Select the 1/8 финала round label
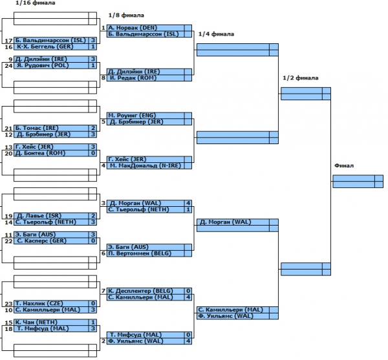pyautogui.click(x=125, y=15)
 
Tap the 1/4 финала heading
pyautogui.click(x=216, y=34)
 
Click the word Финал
pyautogui.click(x=343, y=165)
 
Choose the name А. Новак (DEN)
pyautogui.click(x=131, y=28)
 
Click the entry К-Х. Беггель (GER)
pyautogui.click(x=39, y=47)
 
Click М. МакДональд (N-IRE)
pyautogui.click(x=142, y=165)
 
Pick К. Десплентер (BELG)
pyautogui.click(x=139, y=291)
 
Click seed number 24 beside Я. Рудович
pyautogui.click(x=8, y=65)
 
